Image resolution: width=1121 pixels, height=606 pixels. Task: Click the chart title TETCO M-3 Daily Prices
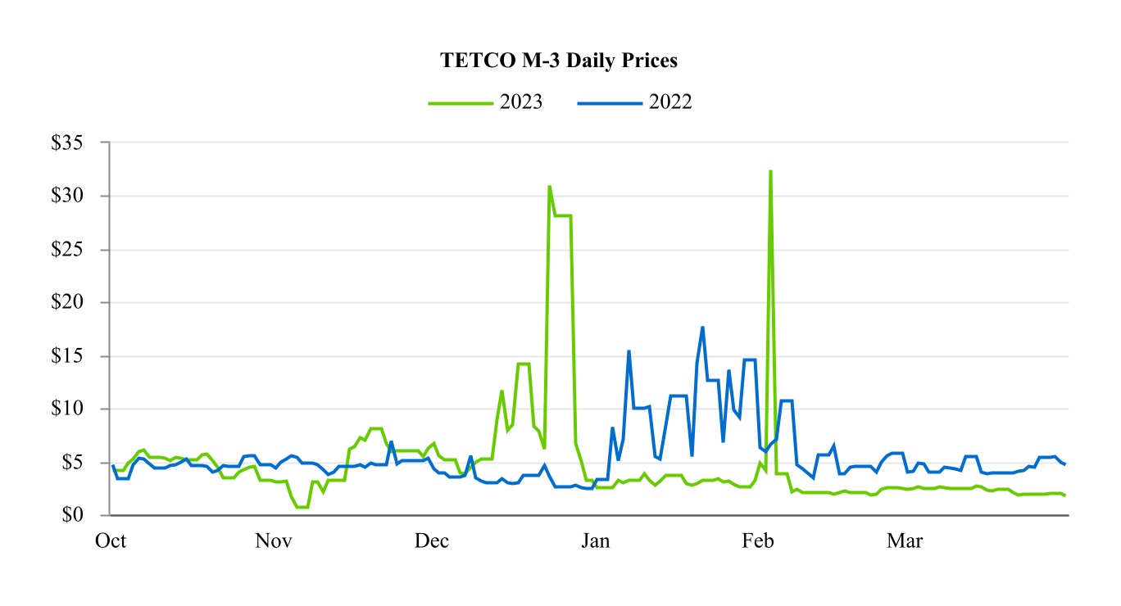point(559,61)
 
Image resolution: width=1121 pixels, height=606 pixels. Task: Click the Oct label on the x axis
point(111,541)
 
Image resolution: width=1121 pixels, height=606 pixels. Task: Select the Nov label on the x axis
point(273,541)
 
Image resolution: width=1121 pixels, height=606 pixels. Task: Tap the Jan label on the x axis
point(596,541)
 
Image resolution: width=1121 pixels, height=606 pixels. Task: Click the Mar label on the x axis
point(905,541)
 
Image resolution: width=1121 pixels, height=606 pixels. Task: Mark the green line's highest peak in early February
point(770,171)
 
